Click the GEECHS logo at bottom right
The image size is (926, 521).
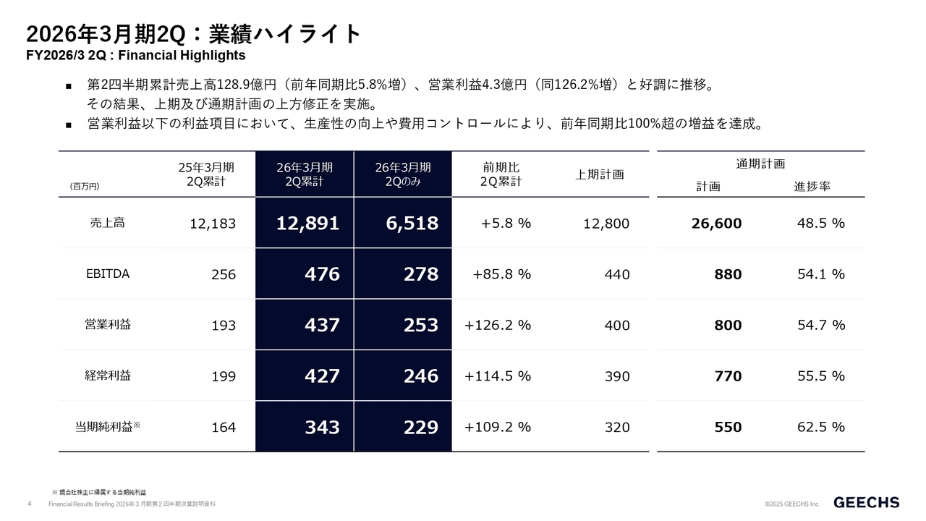[x=867, y=502]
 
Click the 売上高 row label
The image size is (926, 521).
[x=103, y=223]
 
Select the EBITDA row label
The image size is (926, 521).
[x=103, y=274]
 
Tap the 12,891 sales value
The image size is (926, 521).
[x=307, y=224]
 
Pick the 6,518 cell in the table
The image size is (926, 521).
[x=412, y=224]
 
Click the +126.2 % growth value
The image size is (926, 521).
[x=498, y=325]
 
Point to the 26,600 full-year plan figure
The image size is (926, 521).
[x=716, y=224]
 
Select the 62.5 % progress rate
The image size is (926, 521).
[x=820, y=427]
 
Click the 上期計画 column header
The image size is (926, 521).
[x=600, y=174]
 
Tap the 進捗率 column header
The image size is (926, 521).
[x=812, y=186]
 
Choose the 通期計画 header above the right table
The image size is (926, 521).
[x=760, y=164]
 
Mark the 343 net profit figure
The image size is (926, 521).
[x=322, y=427]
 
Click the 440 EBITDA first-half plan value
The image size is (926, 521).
[x=617, y=275]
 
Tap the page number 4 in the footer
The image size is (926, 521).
[x=29, y=504]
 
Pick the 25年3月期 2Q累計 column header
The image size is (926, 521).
[x=206, y=174]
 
